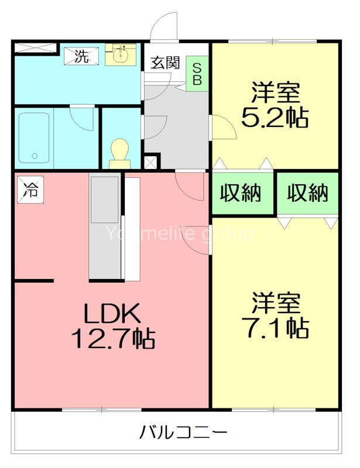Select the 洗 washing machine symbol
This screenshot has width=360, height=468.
[x=82, y=56]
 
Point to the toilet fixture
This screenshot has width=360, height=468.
[x=120, y=152]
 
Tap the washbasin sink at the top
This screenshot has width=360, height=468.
[x=121, y=55]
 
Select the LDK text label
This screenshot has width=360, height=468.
[x=111, y=315]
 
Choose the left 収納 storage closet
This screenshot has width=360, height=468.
[x=241, y=193]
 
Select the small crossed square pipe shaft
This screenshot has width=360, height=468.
[x=150, y=161]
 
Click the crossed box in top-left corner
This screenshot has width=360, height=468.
[x=35, y=49]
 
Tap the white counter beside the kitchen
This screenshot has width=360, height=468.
[x=132, y=228]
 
